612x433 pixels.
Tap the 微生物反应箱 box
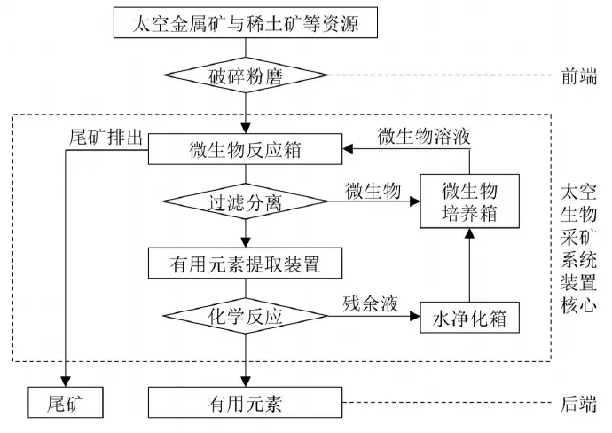click(246, 149)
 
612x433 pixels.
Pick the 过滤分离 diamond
click(246, 201)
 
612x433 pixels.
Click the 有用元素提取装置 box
click(246, 263)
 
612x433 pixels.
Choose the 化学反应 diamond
click(246, 315)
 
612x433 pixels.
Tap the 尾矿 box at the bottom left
click(67, 403)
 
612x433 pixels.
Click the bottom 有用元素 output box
click(246, 403)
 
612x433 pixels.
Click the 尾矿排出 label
click(98, 138)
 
